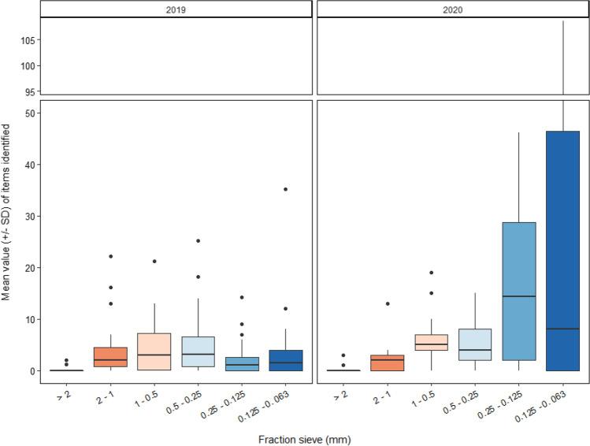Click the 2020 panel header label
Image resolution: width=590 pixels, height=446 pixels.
pyautogui.click(x=451, y=9)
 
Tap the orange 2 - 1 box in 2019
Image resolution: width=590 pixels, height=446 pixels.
pyautogui.click(x=110, y=357)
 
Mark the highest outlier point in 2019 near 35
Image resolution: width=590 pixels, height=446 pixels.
pyautogui.click(x=285, y=189)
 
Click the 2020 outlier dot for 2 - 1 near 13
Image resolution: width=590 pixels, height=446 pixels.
pyautogui.click(x=388, y=303)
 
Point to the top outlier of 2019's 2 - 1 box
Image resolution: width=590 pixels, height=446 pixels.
pyautogui.click(x=110, y=256)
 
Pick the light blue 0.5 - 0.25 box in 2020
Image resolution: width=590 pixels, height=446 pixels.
pyautogui.click(x=474, y=344)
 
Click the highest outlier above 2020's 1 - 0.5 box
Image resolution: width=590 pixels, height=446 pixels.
pyautogui.click(x=431, y=273)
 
